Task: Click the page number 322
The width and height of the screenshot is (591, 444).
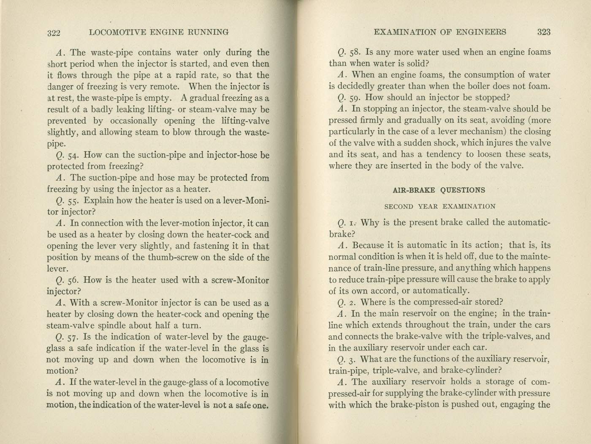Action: [54, 33]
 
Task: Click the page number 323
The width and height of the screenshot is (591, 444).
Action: [544, 32]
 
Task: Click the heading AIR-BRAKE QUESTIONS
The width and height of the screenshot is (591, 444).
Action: [439, 190]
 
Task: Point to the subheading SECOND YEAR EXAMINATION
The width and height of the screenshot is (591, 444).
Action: [440, 207]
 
